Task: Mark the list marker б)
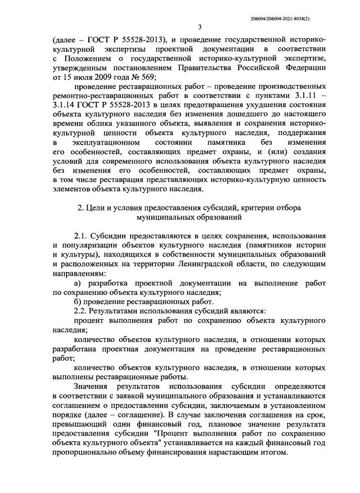click(79, 302)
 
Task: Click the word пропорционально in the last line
click(84, 455)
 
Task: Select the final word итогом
click(273, 455)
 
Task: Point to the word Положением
click(94, 58)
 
